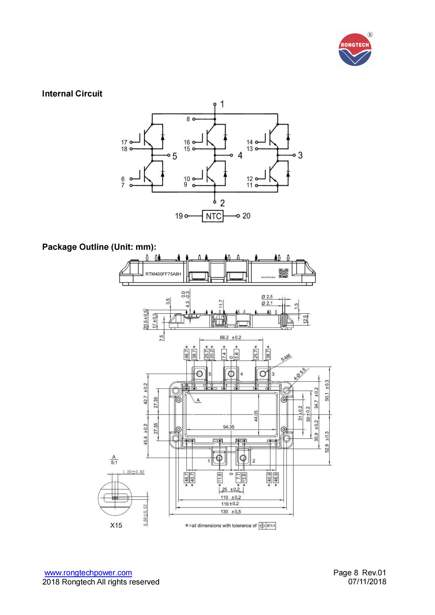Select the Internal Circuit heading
(72, 94)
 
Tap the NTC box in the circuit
(213, 216)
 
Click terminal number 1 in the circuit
(222, 104)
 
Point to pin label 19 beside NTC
(179, 216)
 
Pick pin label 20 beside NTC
(246, 216)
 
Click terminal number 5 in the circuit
(175, 156)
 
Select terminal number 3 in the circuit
(300, 155)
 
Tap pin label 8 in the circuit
(188, 119)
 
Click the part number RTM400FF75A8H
(163, 274)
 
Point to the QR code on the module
(284, 273)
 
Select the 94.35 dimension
(229, 427)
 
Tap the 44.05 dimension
(256, 416)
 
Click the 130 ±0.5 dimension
(231, 512)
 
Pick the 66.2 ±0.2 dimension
(231, 338)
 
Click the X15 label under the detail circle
(116, 525)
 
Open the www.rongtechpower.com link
(88, 573)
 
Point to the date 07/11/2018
(367, 582)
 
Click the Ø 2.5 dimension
(267, 297)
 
